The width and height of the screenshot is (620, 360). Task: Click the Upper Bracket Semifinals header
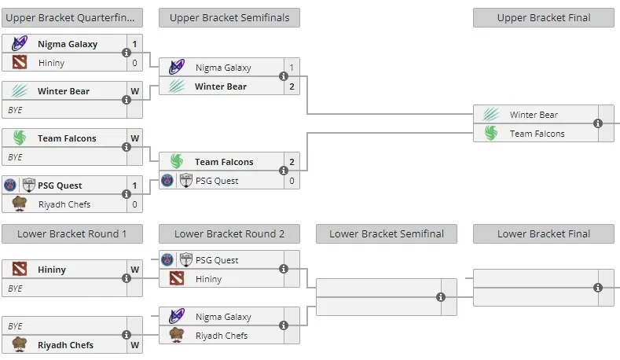pyautogui.click(x=229, y=18)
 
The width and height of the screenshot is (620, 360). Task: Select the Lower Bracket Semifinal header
pyautogui.click(x=387, y=233)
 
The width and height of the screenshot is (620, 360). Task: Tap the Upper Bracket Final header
pyautogui.click(x=544, y=18)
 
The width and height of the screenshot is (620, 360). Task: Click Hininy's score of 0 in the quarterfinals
pyautogui.click(x=135, y=63)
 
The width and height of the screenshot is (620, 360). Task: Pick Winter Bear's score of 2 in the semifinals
pyautogui.click(x=292, y=86)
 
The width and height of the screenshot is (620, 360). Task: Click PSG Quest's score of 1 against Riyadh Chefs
pyautogui.click(x=135, y=186)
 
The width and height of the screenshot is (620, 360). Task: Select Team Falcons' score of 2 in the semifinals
pyautogui.click(x=292, y=162)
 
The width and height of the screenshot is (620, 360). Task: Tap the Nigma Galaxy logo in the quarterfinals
pyautogui.click(x=20, y=43)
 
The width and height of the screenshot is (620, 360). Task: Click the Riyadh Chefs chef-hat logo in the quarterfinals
pyautogui.click(x=20, y=204)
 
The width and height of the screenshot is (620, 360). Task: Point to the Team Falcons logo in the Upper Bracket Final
pyautogui.click(x=490, y=134)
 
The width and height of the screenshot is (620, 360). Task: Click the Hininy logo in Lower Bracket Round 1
pyautogui.click(x=20, y=269)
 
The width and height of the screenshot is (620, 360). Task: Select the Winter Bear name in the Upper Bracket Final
pyautogui.click(x=534, y=115)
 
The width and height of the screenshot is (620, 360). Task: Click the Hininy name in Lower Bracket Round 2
pyautogui.click(x=208, y=279)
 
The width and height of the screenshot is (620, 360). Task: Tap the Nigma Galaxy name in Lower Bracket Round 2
pyautogui.click(x=223, y=317)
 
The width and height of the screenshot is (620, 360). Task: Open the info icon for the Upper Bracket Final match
pyautogui.click(x=598, y=123)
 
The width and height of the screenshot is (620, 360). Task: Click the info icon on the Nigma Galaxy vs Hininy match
pyautogui.click(x=127, y=53)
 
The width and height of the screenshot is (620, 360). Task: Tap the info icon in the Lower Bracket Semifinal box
pyautogui.click(x=441, y=297)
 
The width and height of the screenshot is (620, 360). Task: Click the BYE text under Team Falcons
pyautogui.click(x=15, y=157)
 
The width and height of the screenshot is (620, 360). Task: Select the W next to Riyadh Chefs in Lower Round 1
pyautogui.click(x=135, y=345)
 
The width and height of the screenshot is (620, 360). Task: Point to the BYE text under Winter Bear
pyautogui.click(x=15, y=110)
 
